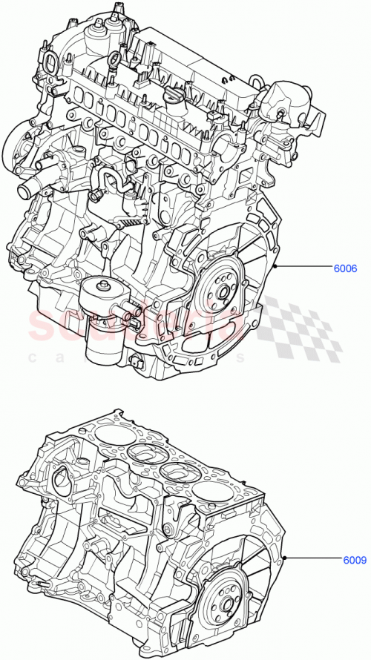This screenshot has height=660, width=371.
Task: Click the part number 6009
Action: [x=354, y=561]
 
